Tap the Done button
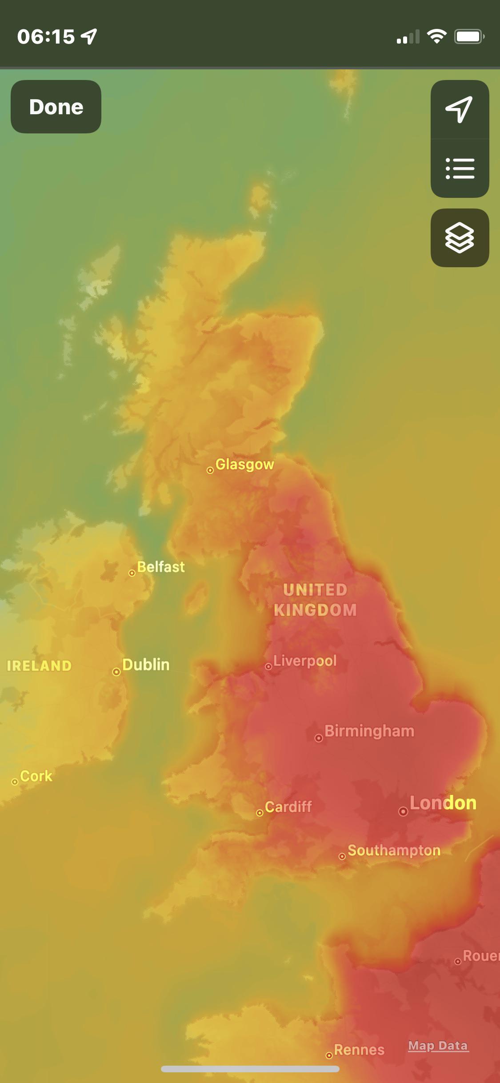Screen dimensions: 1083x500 (56, 107)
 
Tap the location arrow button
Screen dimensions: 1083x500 (460, 109)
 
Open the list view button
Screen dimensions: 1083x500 (460, 168)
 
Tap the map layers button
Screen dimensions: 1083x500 (460, 238)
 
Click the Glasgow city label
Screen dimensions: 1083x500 (244, 465)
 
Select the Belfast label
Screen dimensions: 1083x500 (160, 567)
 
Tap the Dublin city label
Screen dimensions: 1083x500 (146, 665)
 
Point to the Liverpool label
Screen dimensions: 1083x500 (305, 661)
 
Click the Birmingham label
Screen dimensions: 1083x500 (369, 731)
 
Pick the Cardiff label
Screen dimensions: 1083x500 (288, 806)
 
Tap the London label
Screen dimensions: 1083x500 (443, 803)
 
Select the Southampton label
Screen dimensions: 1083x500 (394, 850)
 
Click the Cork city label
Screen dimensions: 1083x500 (36, 776)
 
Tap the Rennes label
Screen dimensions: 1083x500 (359, 1050)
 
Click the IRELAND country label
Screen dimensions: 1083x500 (39, 666)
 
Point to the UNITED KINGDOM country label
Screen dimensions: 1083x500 (315, 600)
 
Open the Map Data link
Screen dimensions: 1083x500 (438, 1046)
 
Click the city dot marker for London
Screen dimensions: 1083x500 (403, 812)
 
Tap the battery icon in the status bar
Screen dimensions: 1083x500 (469, 36)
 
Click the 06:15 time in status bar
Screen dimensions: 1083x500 (46, 36)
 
